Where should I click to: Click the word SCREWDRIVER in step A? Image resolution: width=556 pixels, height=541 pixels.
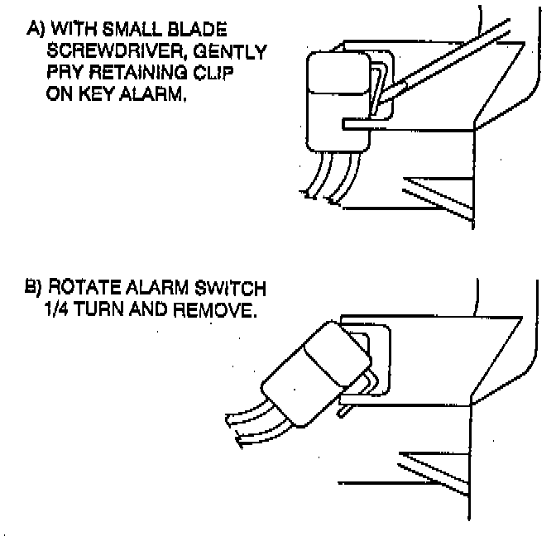point(111,53)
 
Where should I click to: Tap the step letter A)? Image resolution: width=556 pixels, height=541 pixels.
point(36,31)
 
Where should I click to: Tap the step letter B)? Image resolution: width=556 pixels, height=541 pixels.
point(36,290)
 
